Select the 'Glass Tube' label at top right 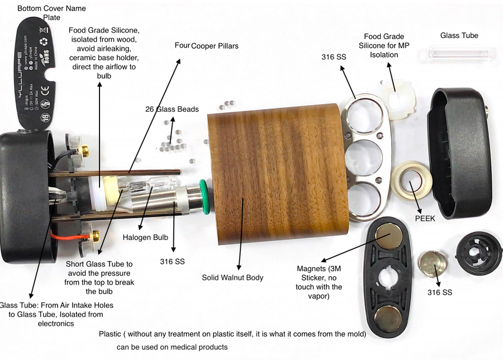(x=459, y=36)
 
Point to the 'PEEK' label (x=425, y=219)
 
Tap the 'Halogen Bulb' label (x=145, y=238)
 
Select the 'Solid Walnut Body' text (x=232, y=277)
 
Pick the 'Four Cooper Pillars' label (x=207, y=46)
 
